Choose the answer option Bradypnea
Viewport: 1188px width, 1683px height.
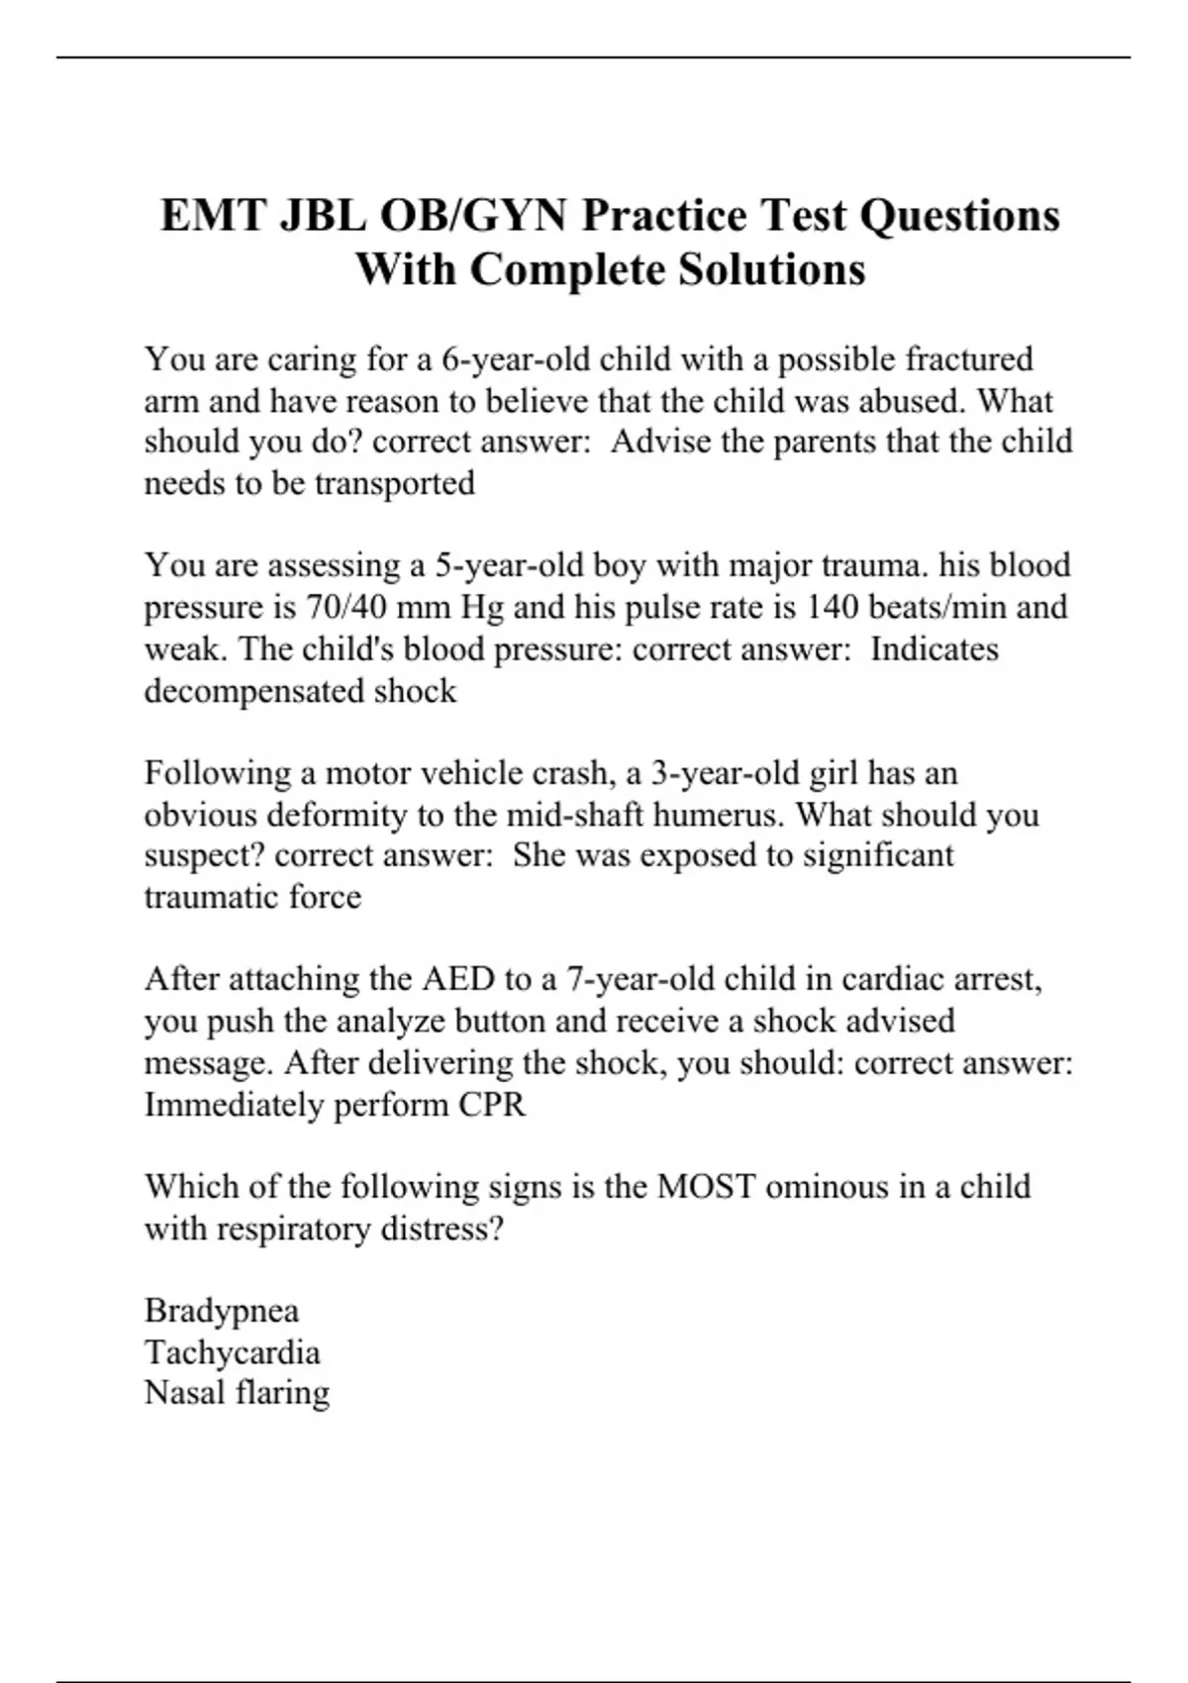[x=222, y=1311]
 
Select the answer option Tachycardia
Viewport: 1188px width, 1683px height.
[x=233, y=1352]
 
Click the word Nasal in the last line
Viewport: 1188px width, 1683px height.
[x=185, y=1393]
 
